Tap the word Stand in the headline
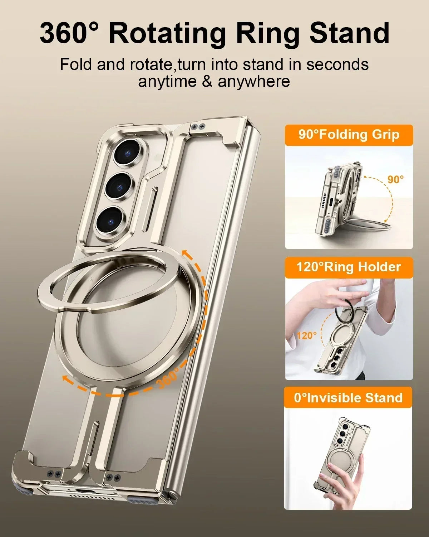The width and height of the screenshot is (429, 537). [349, 33]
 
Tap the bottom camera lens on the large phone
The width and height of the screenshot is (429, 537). [110, 219]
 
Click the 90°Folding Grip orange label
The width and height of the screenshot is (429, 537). [349, 135]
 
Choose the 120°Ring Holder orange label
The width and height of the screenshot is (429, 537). [349, 267]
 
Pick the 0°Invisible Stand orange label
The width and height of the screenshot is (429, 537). [348, 398]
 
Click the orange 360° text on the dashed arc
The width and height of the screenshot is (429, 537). [168, 378]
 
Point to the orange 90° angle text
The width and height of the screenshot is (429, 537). [396, 179]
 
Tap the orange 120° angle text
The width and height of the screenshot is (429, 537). [307, 335]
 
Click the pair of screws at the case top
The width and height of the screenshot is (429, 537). [198, 126]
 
